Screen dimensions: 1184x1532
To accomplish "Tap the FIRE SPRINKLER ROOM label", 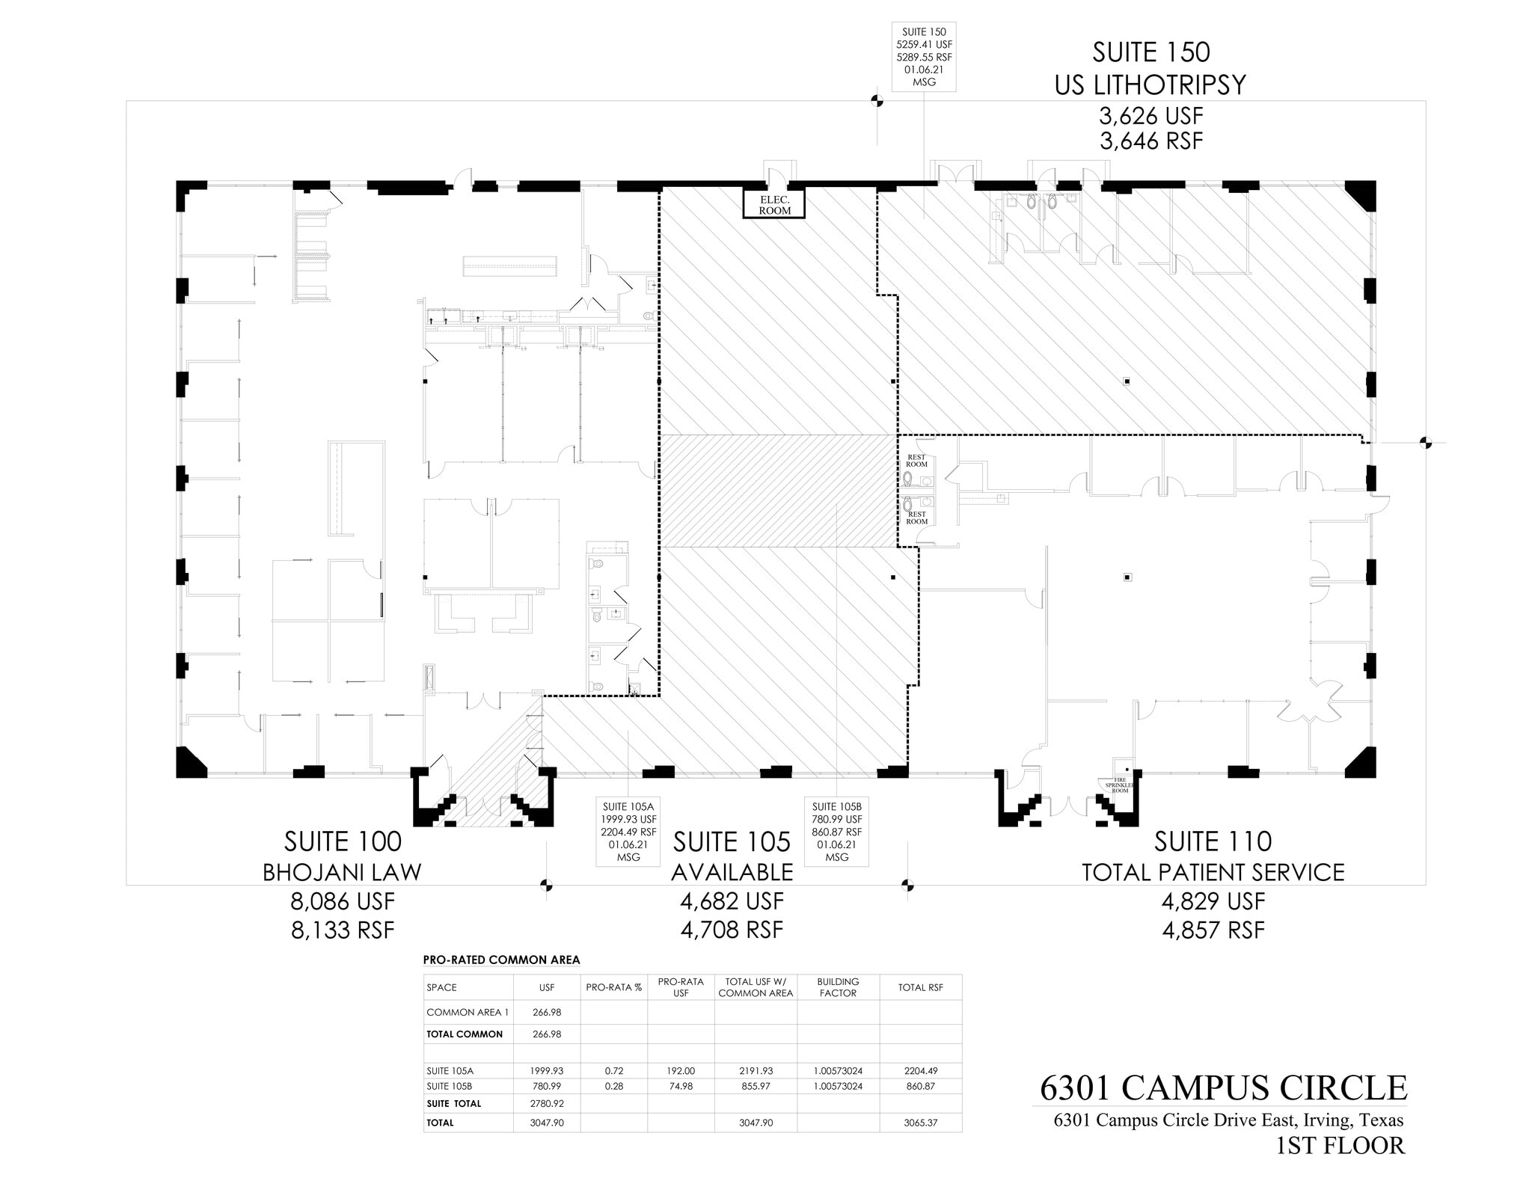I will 1119,785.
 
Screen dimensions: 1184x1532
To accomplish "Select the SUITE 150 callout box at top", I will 924,57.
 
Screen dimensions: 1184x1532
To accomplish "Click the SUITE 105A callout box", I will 628,831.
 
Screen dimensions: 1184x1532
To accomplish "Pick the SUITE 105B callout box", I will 836,831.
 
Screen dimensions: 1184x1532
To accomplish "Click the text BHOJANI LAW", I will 342,872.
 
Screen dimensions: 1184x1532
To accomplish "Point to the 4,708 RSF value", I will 731,930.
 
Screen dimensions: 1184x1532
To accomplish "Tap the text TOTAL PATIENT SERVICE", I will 1213,872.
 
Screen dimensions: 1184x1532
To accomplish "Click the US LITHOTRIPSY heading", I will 1150,85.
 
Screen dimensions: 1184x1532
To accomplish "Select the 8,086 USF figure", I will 342,901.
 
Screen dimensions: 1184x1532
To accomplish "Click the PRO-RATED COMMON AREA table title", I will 501,960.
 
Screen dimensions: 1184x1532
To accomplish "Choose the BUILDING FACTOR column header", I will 838,987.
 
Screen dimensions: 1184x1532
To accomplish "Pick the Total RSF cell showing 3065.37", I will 920,1123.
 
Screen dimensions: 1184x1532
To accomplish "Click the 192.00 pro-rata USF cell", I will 681,1070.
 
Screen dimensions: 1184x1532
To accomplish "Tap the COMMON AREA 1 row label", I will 468,1012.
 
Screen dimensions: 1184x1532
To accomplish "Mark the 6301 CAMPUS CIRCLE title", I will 1223,1088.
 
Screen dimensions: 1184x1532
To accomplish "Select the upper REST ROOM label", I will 916,461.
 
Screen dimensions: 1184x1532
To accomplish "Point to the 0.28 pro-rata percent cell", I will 613,1086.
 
